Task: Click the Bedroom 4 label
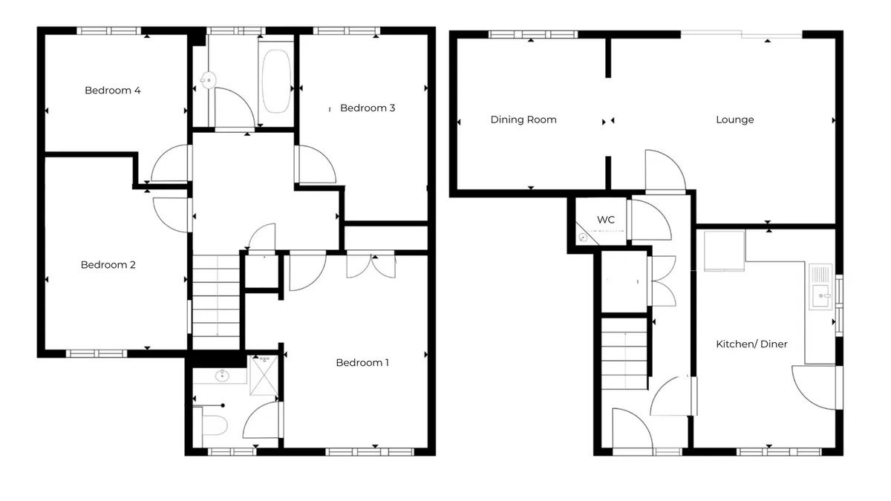coord(113,91)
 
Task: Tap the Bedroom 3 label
coord(368,108)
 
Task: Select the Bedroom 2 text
coord(108,265)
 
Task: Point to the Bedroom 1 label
coord(362,363)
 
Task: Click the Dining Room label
coord(523,120)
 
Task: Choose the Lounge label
coord(734,120)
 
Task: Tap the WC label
coord(606,220)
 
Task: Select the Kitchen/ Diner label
coord(751,344)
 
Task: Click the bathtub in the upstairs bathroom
coord(276,82)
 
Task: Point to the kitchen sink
coord(820,286)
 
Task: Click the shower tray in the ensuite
coord(264,376)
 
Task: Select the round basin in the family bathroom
coord(208,80)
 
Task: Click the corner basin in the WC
coord(584,238)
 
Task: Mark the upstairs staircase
coord(216,302)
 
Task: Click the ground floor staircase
coord(624,354)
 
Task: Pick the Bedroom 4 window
coord(108,30)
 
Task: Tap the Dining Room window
coord(533,35)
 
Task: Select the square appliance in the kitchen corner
coord(725,251)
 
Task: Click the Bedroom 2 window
coord(97,353)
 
